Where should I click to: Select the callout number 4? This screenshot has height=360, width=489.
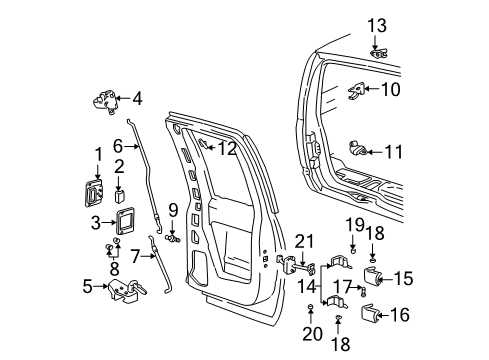coord(137,98)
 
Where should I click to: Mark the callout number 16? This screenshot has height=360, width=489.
coord(400,316)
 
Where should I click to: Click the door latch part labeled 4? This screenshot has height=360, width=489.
coord(105,102)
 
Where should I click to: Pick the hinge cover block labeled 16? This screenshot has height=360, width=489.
coord(368,316)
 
